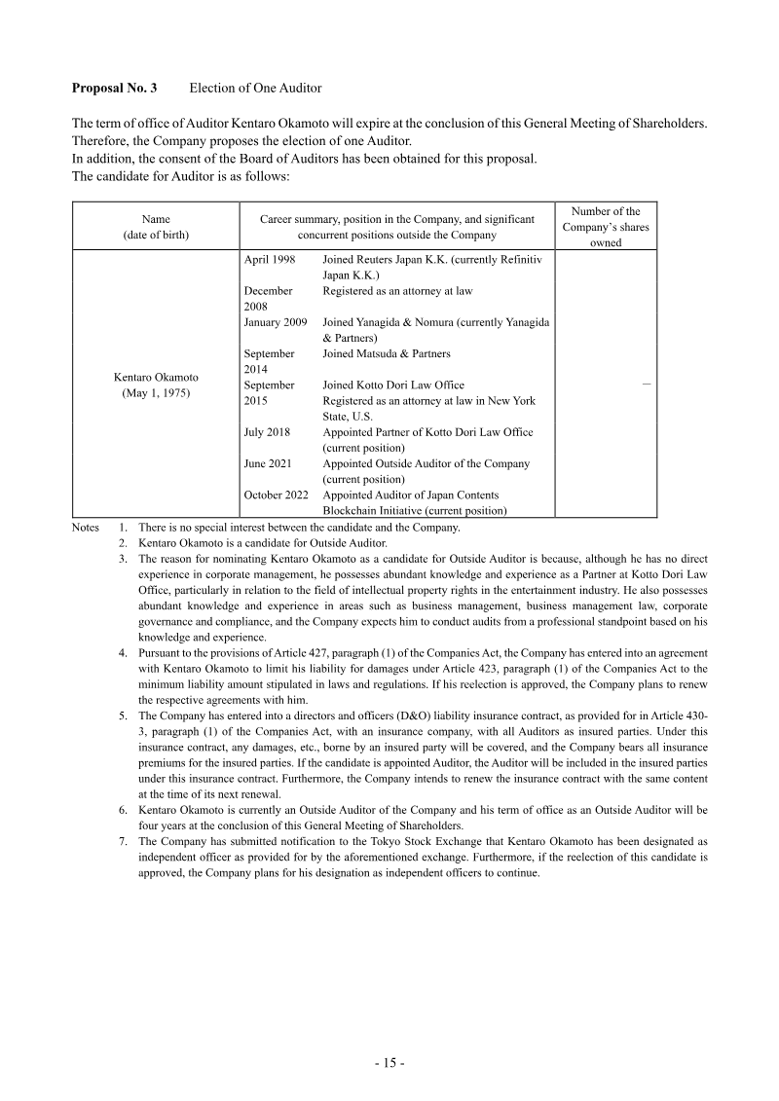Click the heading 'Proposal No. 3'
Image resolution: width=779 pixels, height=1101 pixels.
tap(114, 88)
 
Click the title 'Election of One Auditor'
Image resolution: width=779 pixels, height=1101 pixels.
tap(255, 88)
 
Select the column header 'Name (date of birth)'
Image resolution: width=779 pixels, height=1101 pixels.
tap(156, 227)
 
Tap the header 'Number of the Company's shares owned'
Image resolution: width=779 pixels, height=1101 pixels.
tap(605, 227)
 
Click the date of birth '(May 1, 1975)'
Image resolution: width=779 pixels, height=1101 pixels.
tap(156, 393)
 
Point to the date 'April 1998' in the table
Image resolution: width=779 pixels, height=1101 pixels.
tap(270, 261)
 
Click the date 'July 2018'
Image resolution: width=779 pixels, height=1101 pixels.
tap(267, 432)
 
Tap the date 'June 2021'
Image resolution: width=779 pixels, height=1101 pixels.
tap(268, 463)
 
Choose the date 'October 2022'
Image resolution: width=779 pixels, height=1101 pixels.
tap(276, 495)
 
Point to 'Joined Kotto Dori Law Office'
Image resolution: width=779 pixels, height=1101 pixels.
tap(392, 385)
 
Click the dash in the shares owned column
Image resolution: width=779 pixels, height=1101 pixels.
tap(647, 385)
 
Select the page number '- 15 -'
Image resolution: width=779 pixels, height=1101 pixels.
tap(389, 1063)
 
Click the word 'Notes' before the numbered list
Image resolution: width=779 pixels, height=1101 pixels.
tap(86, 528)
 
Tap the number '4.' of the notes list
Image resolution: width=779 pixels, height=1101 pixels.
tap(124, 652)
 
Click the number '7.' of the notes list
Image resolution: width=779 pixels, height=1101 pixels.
tap(124, 839)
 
